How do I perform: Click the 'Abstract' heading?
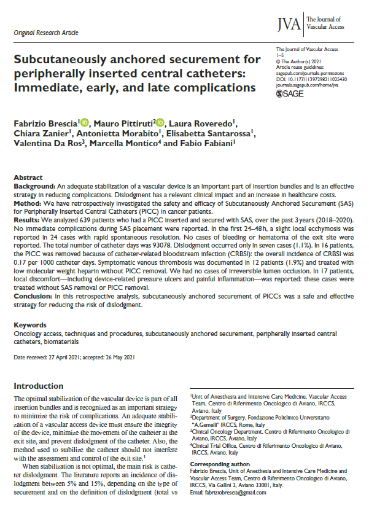[28, 176]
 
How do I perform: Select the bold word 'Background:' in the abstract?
[34, 184]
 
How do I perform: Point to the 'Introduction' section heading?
[39, 386]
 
